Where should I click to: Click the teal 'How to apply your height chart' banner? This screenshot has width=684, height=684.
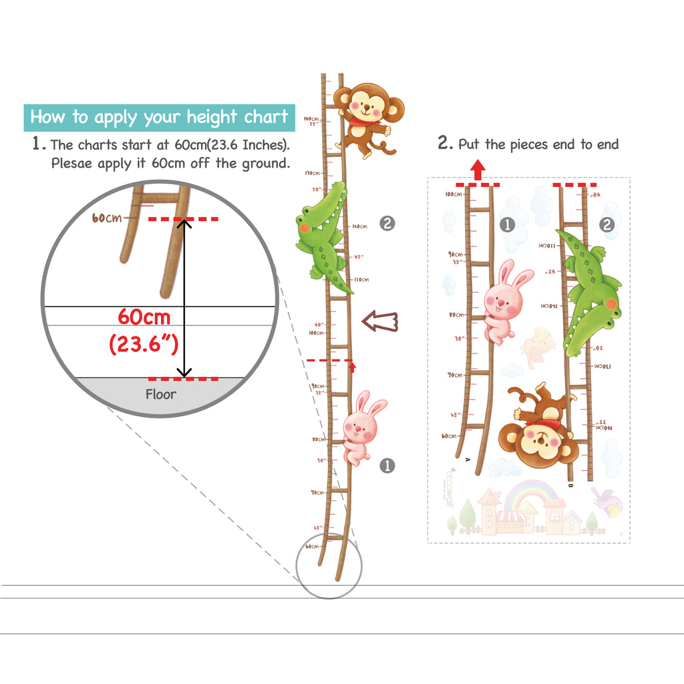point(159,118)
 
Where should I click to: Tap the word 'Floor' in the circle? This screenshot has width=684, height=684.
point(161,394)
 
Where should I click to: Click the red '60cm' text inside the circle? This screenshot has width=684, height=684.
point(144,317)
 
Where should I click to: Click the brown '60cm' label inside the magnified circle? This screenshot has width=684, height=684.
point(107,218)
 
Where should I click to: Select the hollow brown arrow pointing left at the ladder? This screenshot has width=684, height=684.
point(379,321)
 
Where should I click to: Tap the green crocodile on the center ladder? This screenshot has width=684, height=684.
point(323,237)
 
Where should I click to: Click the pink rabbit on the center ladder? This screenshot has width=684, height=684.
point(361,428)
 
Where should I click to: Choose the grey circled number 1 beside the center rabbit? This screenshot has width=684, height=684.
point(387,466)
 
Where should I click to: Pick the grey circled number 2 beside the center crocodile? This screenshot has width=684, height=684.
point(387,224)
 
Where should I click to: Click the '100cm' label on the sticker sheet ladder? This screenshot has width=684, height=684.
point(454,194)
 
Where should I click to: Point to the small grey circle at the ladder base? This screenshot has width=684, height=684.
point(329,566)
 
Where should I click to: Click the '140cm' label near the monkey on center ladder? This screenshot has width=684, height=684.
point(311,118)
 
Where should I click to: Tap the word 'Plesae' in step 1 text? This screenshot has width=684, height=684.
point(72,164)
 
